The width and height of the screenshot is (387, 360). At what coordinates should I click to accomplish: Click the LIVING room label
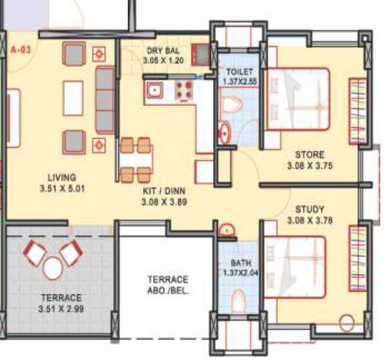click(62, 177)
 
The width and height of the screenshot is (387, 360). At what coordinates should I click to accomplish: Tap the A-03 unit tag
click(21, 49)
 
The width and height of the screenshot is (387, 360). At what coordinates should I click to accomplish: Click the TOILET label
click(238, 71)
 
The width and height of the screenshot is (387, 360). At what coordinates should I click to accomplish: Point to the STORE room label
click(304, 154)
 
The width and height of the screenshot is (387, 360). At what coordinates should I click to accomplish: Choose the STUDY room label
click(304, 207)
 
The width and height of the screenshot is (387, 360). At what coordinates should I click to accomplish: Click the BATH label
click(239, 263)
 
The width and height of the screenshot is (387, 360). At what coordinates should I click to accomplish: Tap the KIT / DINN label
click(163, 189)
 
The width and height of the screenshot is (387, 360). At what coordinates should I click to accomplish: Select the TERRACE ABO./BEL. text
click(168, 284)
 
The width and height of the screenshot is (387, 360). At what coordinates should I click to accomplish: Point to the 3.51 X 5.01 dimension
click(61, 188)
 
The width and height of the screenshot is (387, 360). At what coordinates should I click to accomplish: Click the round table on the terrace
click(52, 268)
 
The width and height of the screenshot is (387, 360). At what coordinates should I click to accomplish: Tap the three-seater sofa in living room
click(105, 99)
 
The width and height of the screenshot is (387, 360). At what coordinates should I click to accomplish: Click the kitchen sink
click(155, 90)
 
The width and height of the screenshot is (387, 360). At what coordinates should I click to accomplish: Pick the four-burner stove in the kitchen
click(184, 90)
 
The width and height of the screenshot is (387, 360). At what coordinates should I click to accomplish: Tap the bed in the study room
click(294, 267)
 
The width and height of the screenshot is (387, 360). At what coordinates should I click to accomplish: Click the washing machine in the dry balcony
click(200, 53)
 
